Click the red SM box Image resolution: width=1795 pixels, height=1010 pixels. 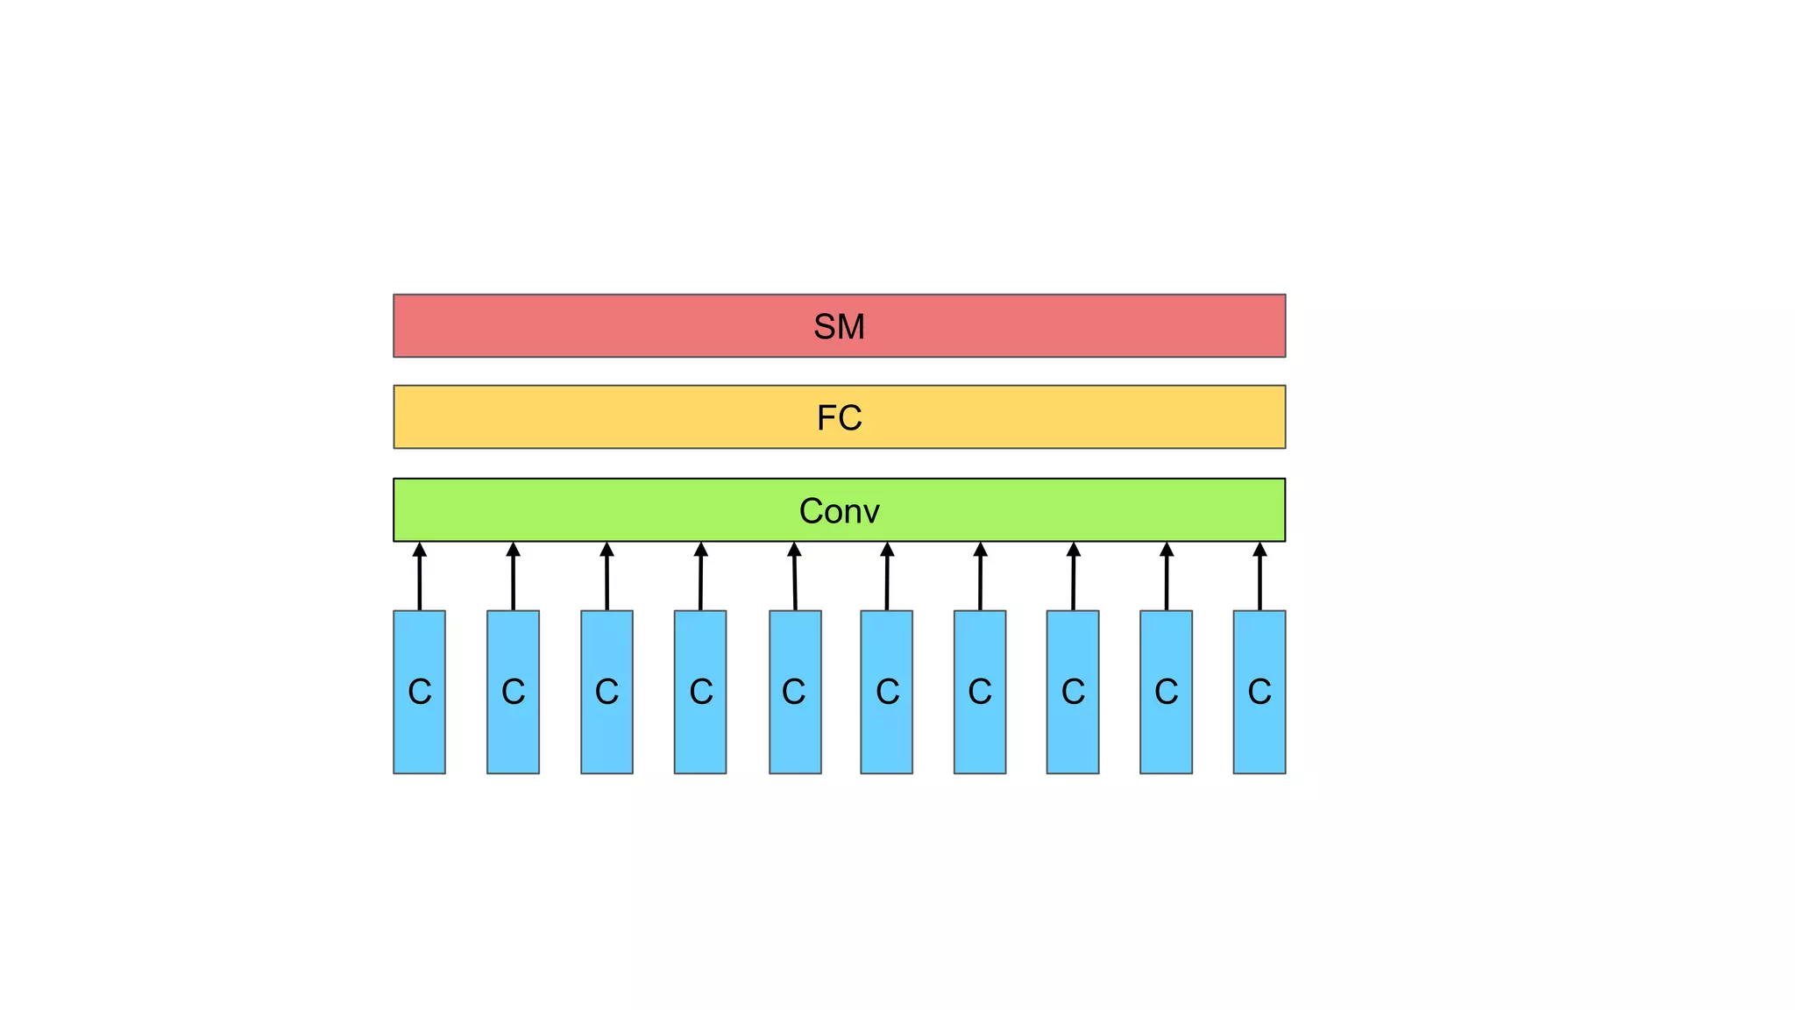(x=614, y=326)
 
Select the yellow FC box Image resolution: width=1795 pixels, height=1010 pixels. (x=614, y=417)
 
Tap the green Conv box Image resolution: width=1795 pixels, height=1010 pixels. (x=614, y=510)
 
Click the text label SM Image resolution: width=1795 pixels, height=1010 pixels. (x=839, y=327)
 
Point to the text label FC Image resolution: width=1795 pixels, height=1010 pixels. (x=839, y=418)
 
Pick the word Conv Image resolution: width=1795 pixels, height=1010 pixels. (x=839, y=511)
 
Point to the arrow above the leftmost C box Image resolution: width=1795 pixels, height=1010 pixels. (x=420, y=579)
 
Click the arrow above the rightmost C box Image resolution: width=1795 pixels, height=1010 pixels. (x=1259, y=579)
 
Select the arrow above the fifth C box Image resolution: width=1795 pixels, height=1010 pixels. (x=795, y=579)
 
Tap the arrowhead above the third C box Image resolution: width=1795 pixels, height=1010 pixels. (x=607, y=550)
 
